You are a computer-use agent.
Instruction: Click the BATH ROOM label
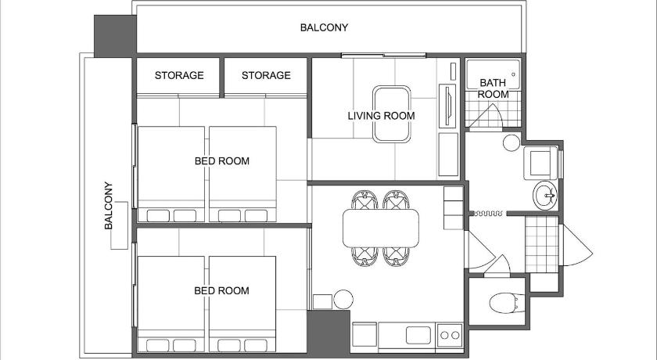(494, 88)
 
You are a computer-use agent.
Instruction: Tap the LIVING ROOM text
(382, 116)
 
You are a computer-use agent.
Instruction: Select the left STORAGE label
(179, 75)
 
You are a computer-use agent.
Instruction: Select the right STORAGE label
(266, 75)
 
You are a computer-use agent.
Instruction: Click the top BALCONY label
(324, 27)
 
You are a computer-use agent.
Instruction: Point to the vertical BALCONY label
(109, 205)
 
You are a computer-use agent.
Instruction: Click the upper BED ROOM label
(222, 161)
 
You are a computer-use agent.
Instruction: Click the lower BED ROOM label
(221, 291)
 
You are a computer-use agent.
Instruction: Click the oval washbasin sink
(545, 196)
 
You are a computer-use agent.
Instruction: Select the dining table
(381, 228)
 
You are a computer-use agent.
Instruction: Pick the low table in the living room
(391, 114)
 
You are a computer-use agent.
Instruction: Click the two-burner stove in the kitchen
(450, 335)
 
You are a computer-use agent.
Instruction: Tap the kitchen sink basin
(418, 335)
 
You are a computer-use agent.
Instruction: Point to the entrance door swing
(576, 245)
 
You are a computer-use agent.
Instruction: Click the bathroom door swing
(485, 115)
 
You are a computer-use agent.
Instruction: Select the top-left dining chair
(364, 200)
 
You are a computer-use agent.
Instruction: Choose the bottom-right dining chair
(396, 257)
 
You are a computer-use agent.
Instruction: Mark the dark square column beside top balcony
(115, 36)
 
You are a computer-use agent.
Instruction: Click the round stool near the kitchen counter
(343, 300)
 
